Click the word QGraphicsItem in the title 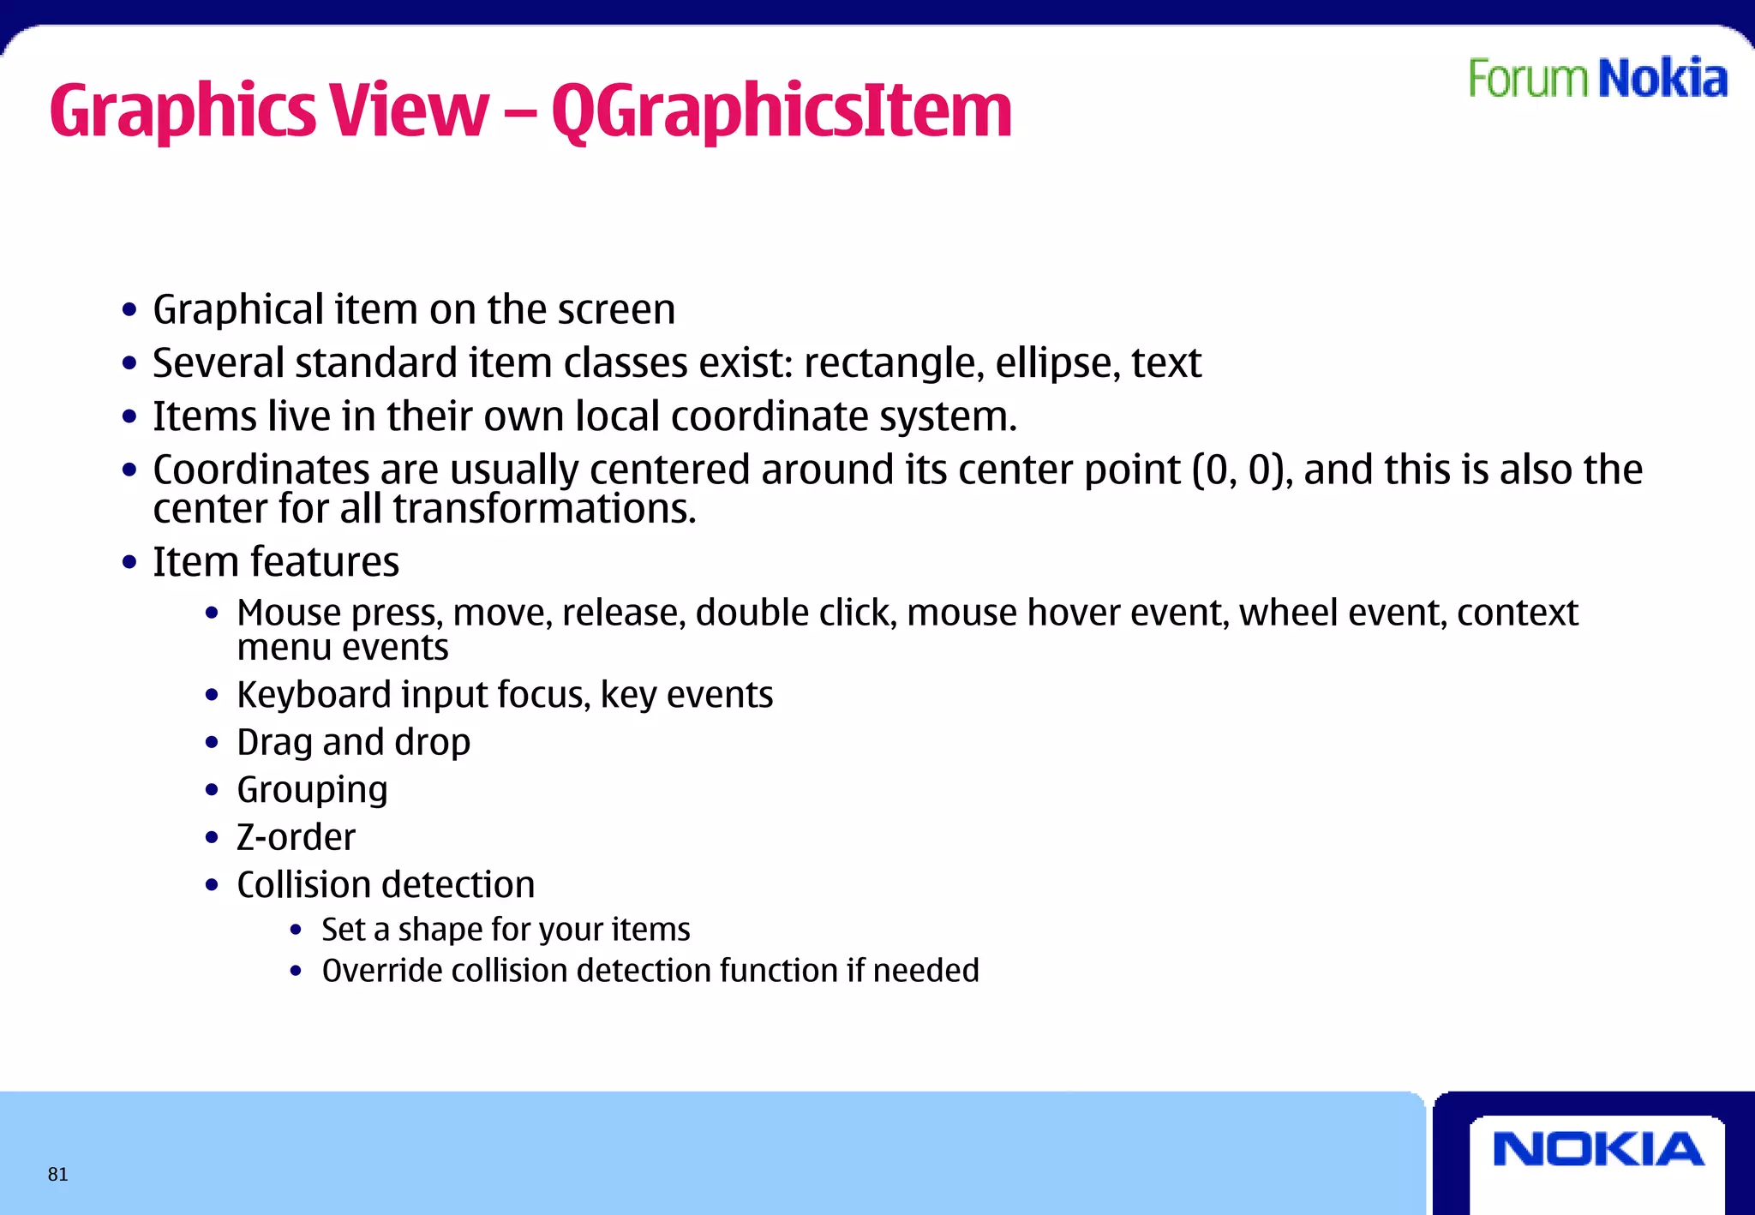(x=781, y=112)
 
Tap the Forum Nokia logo (x=1597, y=79)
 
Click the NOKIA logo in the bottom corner (x=1598, y=1150)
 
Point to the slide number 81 (x=57, y=1174)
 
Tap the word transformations (x=544, y=509)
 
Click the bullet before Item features (x=129, y=563)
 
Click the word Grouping (x=312, y=790)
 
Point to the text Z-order (x=296, y=837)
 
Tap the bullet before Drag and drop (x=213, y=743)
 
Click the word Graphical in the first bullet (x=238, y=310)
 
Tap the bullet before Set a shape (x=296, y=931)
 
